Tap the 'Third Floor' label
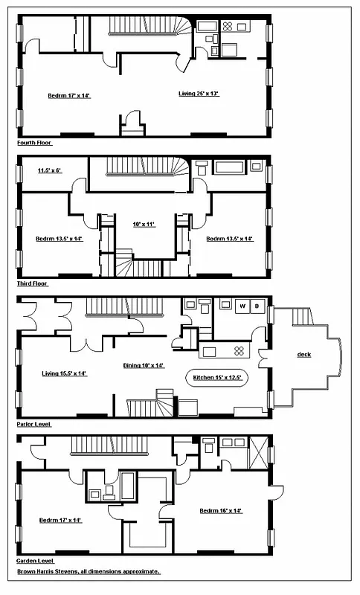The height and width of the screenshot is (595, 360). (x=33, y=284)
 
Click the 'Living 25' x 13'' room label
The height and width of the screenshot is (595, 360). (x=199, y=94)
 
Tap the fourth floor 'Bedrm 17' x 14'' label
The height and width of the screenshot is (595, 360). (x=68, y=95)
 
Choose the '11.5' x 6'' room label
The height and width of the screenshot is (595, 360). (x=49, y=170)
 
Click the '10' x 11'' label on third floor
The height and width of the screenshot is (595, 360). (x=138, y=224)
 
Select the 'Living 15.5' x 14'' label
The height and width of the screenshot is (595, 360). (x=65, y=373)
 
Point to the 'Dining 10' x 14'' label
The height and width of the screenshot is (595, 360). (x=143, y=366)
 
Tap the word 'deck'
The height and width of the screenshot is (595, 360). (x=303, y=355)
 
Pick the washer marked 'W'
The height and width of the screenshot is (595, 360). (x=242, y=306)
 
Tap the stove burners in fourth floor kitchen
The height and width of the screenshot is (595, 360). (x=229, y=27)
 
